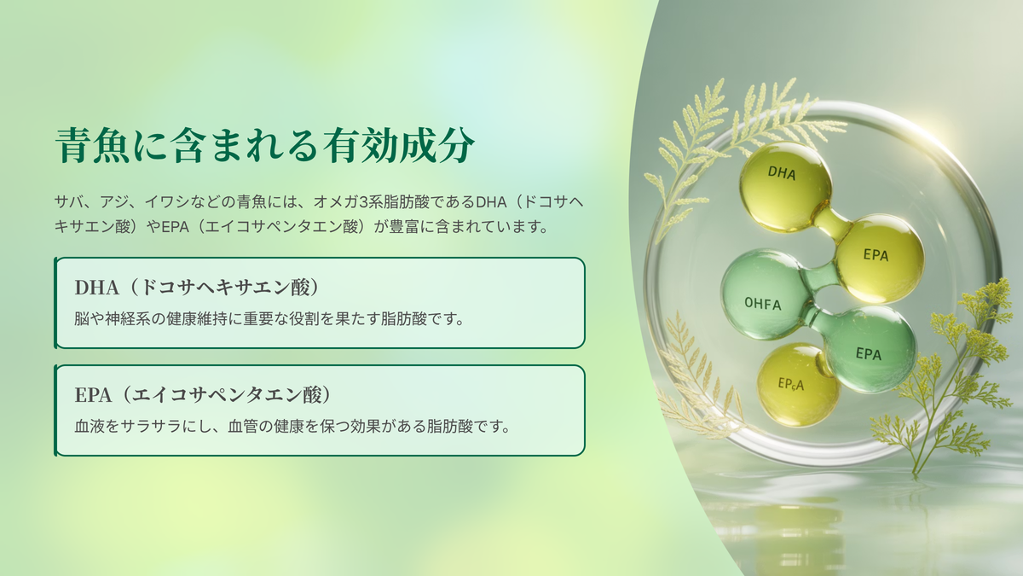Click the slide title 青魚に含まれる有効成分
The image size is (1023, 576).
tap(265, 145)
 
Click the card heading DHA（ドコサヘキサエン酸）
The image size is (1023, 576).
tap(197, 288)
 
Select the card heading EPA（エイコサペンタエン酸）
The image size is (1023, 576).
tap(203, 395)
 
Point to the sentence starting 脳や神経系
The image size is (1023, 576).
tap(269, 318)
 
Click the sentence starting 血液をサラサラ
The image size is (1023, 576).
tap(292, 426)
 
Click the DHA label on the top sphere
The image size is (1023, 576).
tap(782, 172)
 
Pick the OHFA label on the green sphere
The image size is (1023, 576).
tap(763, 304)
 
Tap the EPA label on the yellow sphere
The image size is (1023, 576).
tap(876, 254)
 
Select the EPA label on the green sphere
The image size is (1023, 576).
tap(868, 353)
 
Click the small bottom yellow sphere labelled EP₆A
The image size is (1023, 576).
tap(798, 385)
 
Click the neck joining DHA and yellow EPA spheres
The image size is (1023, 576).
tap(833, 224)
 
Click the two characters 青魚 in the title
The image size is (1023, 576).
tap(93, 145)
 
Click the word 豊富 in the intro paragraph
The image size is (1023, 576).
tap(404, 226)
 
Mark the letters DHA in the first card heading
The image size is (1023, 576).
tap(97, 288)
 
